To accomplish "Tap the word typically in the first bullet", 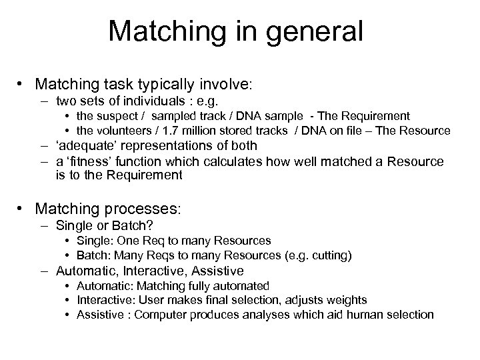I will tap(158, 85).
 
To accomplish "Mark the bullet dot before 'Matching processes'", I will tap(22, 208).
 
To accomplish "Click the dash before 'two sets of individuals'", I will tap(45, 101).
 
